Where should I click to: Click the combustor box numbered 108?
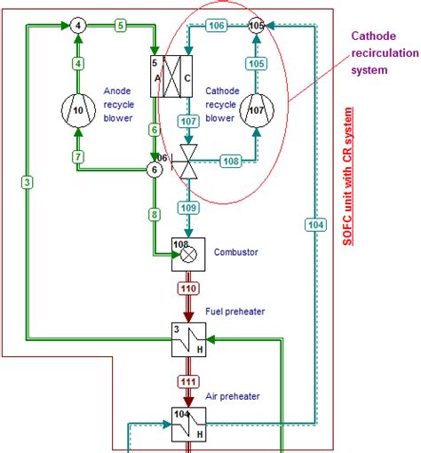pyautogui.click(x=187, y=252)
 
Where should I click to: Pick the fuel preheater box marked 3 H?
pyautogui.click(x=188, y=338)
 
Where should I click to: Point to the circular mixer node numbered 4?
pyautogui.click(x=79, y=26)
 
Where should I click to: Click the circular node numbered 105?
pyautogui.click(x=257, y=26)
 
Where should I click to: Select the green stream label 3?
pyautogui.click(x=28, y=182)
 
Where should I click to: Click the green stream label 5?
pyautogui.click(x=120, y=26)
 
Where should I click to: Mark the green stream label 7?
pyautogui.click(x=78, y=157)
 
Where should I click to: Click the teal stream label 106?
pyautogui.click(x=217, y=26)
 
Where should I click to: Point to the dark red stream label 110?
pyautogui.click(x=187, y=290)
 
